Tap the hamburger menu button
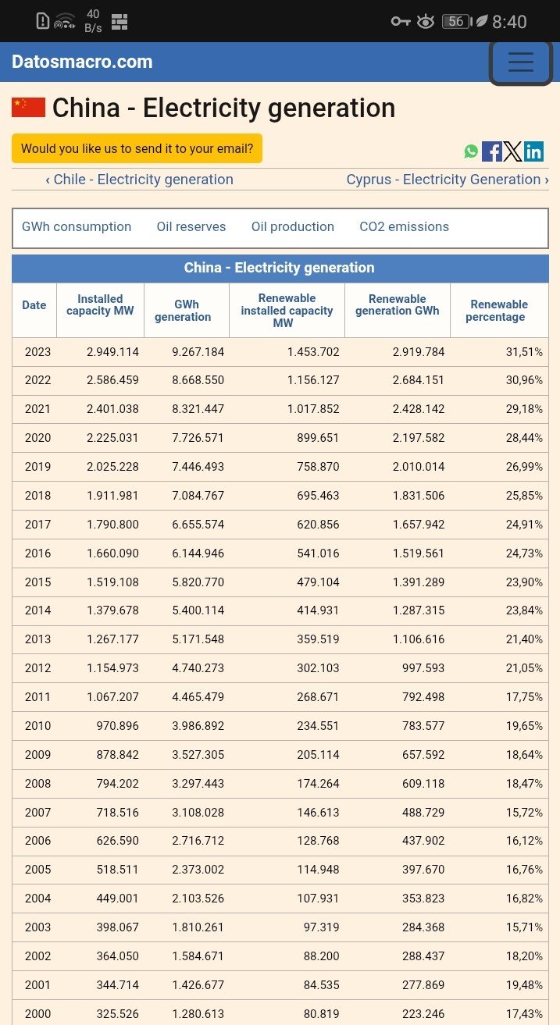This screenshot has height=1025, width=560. (x=521, y=62)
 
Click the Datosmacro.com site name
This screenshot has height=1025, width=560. (x=82, y=62)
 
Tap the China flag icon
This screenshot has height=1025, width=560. (x=28, y=108)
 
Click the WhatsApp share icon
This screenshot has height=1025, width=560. (x=471, y=151)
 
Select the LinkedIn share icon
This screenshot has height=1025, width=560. (x=534, y=151)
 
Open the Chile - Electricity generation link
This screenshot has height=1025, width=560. (x=139, y=180)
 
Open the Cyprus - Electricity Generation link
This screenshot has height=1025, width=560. (x=448, y=180)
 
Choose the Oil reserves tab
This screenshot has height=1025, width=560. (x=191, y=227)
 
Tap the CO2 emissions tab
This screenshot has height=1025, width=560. (x=404, y=227)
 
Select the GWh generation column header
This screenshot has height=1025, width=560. (x=183, y=311)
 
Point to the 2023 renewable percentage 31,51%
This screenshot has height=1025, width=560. (x=524, y=352)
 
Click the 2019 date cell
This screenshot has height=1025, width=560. (x=37, y=467)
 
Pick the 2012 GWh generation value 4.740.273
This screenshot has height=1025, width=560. (x=198, y=668)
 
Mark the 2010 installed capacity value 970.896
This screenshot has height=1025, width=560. (x=117, y=726)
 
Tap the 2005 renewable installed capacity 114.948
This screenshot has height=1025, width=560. (x=318, y=870)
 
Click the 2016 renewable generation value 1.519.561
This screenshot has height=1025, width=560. (x=419, y=553)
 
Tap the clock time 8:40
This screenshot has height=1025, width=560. (x=509, y=22)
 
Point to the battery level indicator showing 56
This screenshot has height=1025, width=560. (x=456, y=22)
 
